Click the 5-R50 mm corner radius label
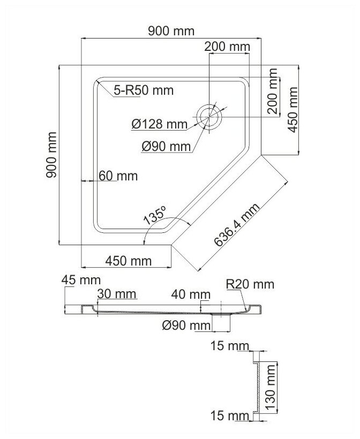click(x=144, y=90)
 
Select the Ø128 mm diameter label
click(x=157, y=124)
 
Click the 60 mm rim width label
click(x=118, y=176)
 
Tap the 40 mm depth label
click(x=190, y=294)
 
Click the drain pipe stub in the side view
click(x=221, y=322)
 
